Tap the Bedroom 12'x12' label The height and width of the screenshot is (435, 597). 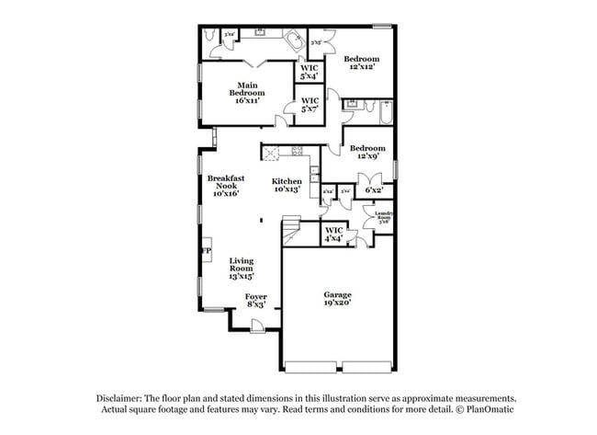point(364,63)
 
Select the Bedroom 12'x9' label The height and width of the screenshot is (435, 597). point(366,152)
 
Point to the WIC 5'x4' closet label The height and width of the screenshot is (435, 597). point(310,72)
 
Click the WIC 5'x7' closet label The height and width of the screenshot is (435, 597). point(310,105)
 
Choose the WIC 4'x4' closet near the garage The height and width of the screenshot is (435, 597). point(333,234)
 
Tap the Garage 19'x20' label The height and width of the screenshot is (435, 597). point(337,299)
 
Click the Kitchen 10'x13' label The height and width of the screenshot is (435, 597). point(287,186)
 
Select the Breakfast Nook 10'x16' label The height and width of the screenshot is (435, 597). point(224,186)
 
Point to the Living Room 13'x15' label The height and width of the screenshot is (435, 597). point(242,268)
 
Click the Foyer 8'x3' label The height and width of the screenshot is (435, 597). point(255,300)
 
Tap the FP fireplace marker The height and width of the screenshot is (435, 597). point(207,251)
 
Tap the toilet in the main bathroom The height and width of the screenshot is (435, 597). point(210,36)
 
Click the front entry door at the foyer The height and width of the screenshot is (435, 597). point(258,324)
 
